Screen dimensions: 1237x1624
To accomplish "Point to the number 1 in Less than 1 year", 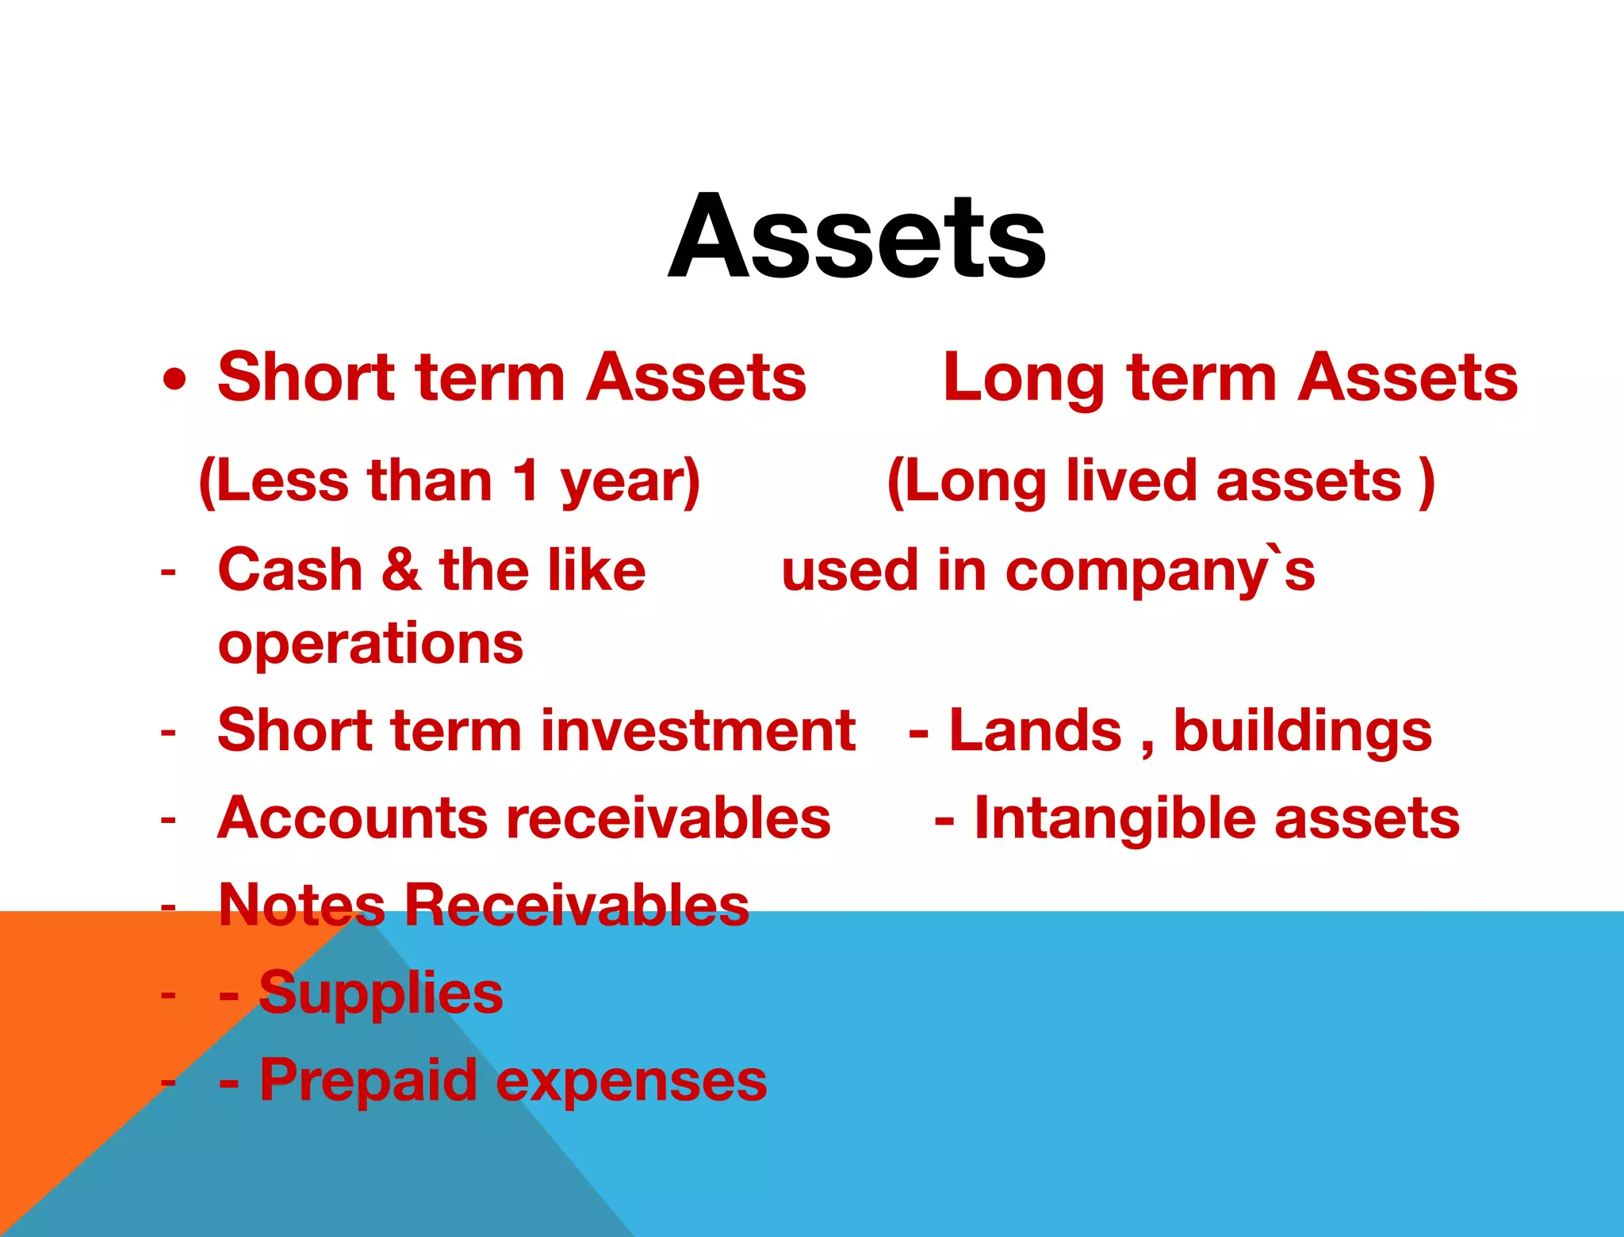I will coord(527,481).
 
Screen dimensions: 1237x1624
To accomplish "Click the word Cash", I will coord(290,569).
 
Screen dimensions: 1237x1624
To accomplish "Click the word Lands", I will coord(1036,730).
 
